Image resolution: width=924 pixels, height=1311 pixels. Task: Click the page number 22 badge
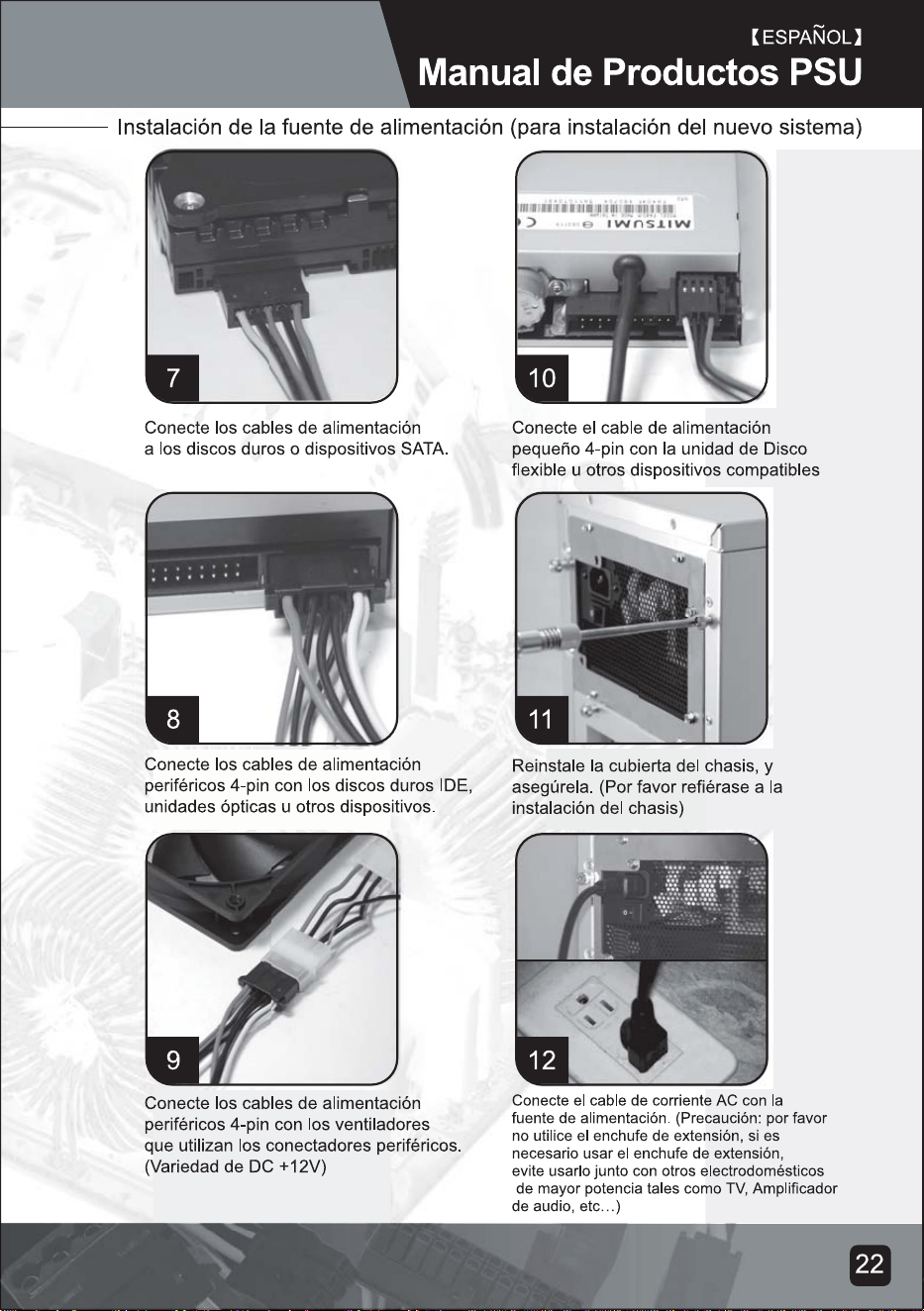(x=871, y=1264)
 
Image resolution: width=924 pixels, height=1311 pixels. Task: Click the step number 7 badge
(x=172, y=378)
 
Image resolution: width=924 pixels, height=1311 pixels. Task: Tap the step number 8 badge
(x=172, y=719)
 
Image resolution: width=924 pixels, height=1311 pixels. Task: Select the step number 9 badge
(x=172, y=1059)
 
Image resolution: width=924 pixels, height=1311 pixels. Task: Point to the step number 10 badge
(x=542, y=378)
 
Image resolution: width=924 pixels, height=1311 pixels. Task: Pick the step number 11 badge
(x=542, y=719)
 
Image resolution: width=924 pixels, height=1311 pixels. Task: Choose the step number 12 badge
(x=542, y=1059)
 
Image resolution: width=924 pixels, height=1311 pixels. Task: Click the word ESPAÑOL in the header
(x=806, y=38)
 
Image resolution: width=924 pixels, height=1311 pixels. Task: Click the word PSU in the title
(x=824, y=73)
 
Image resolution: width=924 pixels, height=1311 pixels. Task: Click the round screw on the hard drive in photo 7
(x=189, y=202)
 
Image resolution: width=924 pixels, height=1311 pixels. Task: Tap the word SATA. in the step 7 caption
(x=425, y=450)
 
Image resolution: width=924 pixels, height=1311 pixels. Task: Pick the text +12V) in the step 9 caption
(x=302, y=1166)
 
